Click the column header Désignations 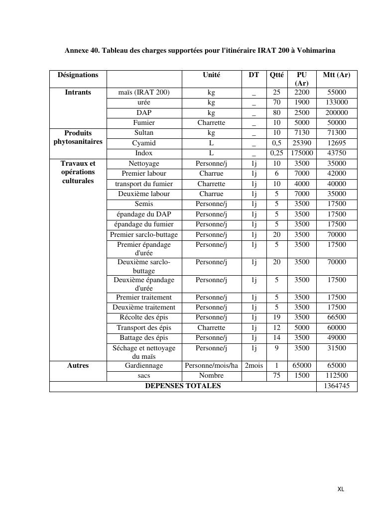pos(78,75)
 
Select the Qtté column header pos(277,75)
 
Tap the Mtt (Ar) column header pos(337,75)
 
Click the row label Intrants pos(78,93)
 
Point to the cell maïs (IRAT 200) pos(144,93)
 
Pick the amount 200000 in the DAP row pos(337,113)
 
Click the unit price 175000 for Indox pos(302,153)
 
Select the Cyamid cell pos(144,143)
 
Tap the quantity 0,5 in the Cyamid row pos(277,143)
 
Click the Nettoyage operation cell pos(144,164)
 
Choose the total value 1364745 pos(337,386)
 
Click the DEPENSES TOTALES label pos(183,386)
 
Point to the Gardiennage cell pos(144,366)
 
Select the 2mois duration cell pos(254,366)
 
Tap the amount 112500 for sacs pos(337,376)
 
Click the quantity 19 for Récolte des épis pos(277,317)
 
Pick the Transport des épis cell pos(144,328)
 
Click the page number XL pos(341,489)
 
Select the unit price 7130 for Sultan pos(302,133)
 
